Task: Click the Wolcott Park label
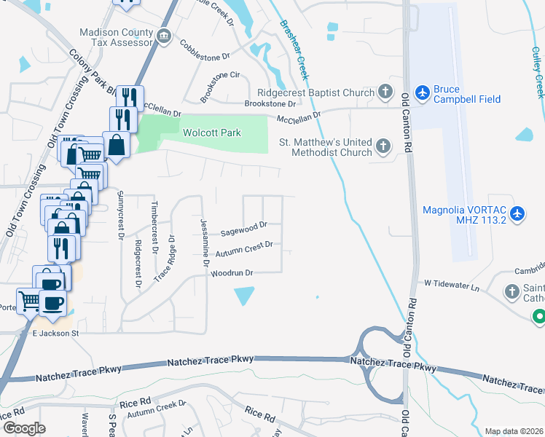tap(211, 133)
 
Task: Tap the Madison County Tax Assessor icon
tap(164, 36)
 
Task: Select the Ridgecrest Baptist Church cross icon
tap(385, 92)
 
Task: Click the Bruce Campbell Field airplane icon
tap(422, 92)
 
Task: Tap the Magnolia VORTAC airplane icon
tap(517, 214)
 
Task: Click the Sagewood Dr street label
tap(244, 229)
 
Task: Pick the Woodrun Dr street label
tap(231, 274)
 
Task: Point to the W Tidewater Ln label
tap(453, 286)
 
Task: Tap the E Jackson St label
tap(55, 333)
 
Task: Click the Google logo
tap(24, 428)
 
